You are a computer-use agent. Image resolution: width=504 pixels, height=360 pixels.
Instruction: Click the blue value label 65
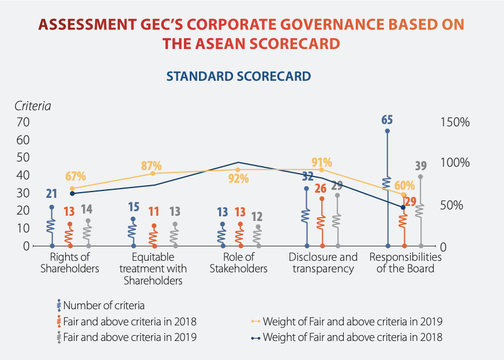coord(387,120)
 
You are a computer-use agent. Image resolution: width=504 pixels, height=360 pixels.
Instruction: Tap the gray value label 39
coord(421,166)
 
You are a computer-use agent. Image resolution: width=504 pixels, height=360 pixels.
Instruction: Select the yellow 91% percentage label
coord(322,162)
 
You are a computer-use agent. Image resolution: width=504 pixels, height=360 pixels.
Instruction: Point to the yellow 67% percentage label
coord(76,176)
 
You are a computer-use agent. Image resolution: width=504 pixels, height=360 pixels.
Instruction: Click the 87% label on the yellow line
coord(152,166)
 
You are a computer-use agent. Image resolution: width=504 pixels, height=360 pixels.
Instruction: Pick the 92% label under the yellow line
coord(238,179)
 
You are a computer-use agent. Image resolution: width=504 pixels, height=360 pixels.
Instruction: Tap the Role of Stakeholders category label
coord(238,262)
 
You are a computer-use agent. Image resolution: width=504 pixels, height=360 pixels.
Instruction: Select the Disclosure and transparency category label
coord(322,262)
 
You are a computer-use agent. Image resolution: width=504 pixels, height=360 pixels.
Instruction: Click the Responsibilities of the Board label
coord(405,262)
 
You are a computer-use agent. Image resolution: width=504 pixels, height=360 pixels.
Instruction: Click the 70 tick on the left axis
coord(23,122)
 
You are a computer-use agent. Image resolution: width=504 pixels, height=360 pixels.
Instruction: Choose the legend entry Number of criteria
coord(104,305)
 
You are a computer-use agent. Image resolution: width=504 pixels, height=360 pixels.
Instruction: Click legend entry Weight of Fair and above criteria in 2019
coord(352,321)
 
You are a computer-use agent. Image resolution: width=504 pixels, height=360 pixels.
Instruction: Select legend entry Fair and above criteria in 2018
coord(130,321)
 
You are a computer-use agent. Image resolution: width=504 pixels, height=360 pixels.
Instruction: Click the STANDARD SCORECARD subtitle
coord(238,76)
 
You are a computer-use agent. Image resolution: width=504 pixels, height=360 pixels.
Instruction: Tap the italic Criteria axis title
coord(33,106)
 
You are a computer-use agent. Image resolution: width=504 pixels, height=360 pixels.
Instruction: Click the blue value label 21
coord(51,194)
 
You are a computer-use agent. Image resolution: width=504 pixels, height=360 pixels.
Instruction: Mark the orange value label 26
coord(321,188)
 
